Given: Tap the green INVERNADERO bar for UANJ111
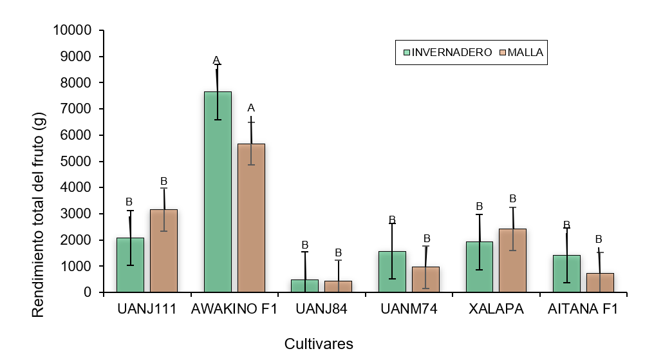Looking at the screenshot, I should point(130,265).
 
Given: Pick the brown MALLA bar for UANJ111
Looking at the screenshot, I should point(163,251).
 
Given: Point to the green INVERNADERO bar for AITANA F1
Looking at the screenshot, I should point(566,274).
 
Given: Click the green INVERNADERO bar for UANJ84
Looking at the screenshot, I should point(304,286).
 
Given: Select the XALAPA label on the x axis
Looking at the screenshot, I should point(496,309).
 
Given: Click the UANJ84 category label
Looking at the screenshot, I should point(321,309).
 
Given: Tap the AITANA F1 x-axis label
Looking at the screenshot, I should point(583,309).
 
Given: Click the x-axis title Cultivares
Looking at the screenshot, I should point(319,344).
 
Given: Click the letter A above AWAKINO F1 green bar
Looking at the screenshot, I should point(217,61).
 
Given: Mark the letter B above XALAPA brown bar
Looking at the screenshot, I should point(513,198).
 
